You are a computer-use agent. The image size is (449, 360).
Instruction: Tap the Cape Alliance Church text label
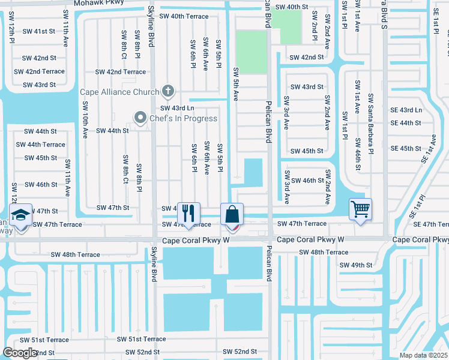pos(121,92)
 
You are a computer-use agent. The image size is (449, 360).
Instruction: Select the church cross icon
pos(169,92)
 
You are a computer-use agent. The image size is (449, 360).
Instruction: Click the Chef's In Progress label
pos(183,118)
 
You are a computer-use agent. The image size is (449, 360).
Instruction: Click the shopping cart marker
pos(360,210)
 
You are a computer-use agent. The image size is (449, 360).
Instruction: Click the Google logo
pos(19,353)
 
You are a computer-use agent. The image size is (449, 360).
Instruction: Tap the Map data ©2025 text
pos(424,355)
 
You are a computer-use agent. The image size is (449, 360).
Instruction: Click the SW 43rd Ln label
pos(176,109)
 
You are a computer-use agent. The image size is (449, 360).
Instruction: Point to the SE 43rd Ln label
pos(406,110)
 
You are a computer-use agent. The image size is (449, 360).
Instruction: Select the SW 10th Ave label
pos(85,119)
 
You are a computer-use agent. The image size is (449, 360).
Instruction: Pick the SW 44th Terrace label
pos(41,145)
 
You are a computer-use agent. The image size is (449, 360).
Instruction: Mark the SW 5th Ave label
pos(236,84)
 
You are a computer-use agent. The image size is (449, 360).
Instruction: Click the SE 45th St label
pos(406,148)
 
